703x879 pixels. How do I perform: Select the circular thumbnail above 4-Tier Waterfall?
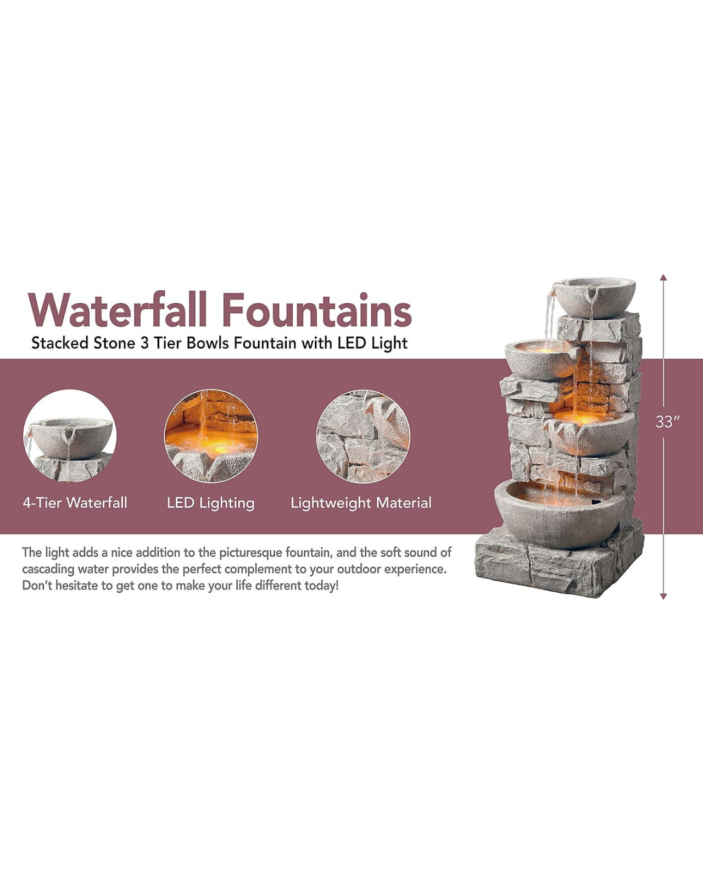pyautogui.click(x=70, y=436)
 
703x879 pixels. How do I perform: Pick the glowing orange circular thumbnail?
pyautogui.click(x=211, y=436)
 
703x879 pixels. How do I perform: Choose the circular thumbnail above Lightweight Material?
pyautogui.click(x=363, y=436)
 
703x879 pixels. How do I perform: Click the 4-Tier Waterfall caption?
pyautogui.click(x=75, y=503)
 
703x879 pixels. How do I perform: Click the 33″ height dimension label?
pyautogui.click(x=667, y=422)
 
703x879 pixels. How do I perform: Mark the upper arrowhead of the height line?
pyautogui.click(x=663, y=277)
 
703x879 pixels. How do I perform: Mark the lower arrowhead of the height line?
pyautogui.click(x=663, y=597)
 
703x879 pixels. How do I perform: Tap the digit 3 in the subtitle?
pyautogui.click(x=144, y=343)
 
